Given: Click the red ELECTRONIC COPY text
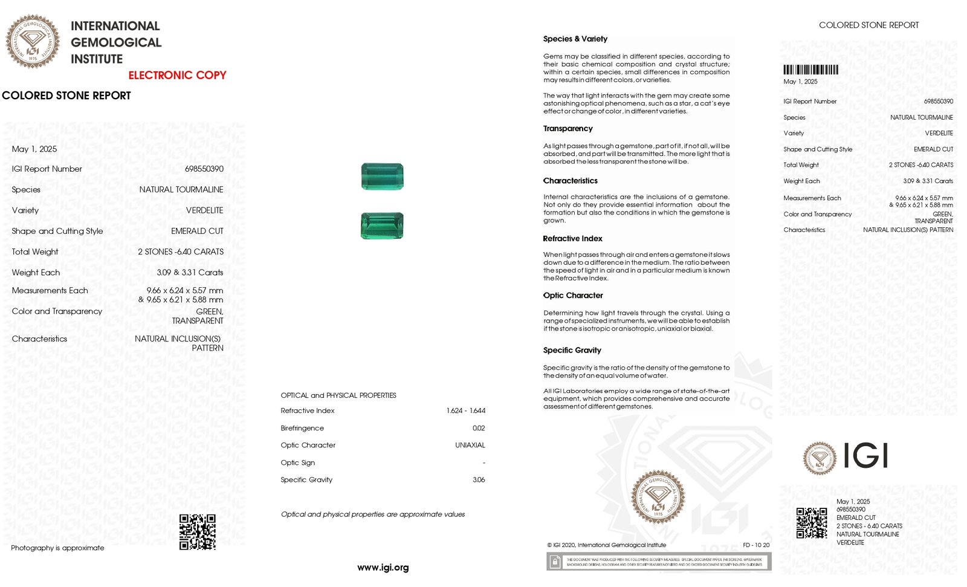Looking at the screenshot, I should tap(177, 75).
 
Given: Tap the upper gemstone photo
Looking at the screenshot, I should tap(382, 176).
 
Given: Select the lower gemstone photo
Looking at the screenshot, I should tap(382, 225).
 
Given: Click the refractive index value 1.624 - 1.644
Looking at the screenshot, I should tap(465, 410).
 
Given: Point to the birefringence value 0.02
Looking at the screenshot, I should tap(479, 428).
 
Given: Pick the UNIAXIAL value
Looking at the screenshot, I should tap(470, 445).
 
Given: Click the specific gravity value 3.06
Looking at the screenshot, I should tap(479, 479).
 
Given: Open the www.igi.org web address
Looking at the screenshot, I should tap(383, 567).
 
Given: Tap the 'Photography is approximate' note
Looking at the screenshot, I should tap(57, 548).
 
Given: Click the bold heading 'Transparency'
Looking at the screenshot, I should tap(568, 128).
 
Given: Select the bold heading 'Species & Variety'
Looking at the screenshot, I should tap(575, 39).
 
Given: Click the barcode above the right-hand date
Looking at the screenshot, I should tap(810, 70).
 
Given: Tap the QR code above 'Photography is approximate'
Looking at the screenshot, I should tap(198, 532).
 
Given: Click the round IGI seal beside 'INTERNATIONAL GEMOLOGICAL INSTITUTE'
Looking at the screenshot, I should tap(33, 42).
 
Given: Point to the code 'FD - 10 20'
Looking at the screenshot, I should tap(756, 545).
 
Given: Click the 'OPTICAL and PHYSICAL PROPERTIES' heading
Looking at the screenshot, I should tap(338, 395).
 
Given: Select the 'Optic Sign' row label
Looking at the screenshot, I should tap(297, 462).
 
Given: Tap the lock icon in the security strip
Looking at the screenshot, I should tap(554, 562).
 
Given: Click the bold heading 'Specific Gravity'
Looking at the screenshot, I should tap(572, 350).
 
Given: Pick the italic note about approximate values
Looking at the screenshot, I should tap(373, 514).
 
